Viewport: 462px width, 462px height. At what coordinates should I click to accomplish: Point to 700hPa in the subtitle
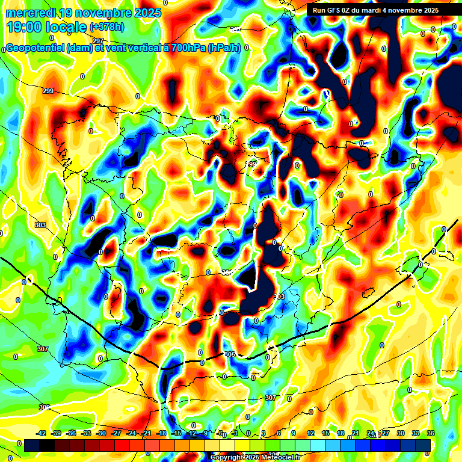pos(184,48)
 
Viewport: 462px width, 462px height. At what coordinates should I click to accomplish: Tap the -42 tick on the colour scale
pos(42,433)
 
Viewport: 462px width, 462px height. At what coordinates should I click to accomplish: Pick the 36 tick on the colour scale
pos(430,433)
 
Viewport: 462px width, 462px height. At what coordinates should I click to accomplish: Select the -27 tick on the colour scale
pos(115,433)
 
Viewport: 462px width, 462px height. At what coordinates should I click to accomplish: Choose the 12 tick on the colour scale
pos(310,433)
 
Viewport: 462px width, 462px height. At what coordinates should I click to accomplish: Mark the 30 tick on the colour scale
pos(400,433)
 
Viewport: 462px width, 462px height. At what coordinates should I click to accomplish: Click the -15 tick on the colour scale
pos(176,433)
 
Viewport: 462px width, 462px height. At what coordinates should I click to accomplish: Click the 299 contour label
pos(48,91)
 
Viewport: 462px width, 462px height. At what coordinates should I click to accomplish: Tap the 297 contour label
pos(97,58)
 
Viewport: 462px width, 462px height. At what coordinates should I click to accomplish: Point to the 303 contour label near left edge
pos(40,225)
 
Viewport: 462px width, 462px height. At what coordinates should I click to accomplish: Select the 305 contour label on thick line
pos(229,354)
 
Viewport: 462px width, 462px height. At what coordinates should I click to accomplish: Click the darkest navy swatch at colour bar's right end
pos(423,445)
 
